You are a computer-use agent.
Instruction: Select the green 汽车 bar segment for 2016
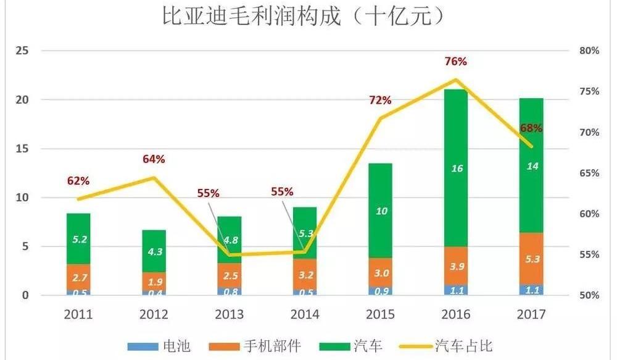tap(457, 167)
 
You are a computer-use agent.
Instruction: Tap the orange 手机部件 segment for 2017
tap(531, 259)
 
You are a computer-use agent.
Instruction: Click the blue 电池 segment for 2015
tap(381, 290)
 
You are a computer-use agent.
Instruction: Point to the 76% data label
tap(456, 62)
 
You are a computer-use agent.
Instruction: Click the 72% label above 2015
tap(381, 100)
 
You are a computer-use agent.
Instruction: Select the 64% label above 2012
tap(154, 159)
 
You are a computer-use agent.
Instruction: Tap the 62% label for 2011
tap(78, 181)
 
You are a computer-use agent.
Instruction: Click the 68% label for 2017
tap(531, 128)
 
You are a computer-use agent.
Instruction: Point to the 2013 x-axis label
tap(230, 314)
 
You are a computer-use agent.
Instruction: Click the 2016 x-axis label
tap(457, 314)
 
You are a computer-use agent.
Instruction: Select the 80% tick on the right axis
tap(589, 51)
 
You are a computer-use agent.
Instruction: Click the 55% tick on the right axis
tap(589, 254)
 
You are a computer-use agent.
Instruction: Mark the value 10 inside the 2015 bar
tap(381, 211)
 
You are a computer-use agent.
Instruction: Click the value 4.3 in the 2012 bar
tap(154, 251)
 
